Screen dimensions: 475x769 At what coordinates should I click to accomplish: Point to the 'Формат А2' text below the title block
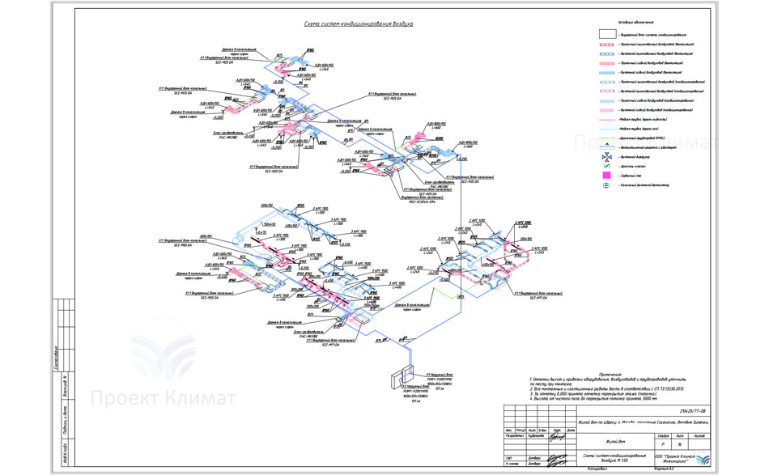[661, 469]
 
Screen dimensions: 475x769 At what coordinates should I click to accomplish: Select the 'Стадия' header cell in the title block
[663, 435]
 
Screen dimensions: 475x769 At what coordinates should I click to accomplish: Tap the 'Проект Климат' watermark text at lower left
[163, 398]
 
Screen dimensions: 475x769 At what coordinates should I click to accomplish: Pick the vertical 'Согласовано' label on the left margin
[56, 357]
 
